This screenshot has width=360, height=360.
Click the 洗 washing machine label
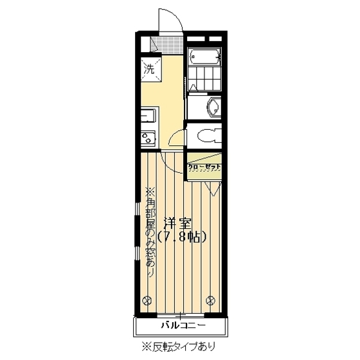(148, 68)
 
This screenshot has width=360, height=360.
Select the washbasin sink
(211, 107)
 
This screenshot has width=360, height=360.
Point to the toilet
(208, 135)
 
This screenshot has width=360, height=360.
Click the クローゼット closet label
(204, 167)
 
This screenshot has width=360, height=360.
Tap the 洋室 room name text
(178, 224)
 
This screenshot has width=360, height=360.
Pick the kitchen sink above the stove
(147, 117)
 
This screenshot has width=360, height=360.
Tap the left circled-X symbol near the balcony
(148, 299)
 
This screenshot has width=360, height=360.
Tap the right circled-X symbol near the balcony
(213, 299)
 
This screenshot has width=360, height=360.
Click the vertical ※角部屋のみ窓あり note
(150, 231)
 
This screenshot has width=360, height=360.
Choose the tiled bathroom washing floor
(205, 80)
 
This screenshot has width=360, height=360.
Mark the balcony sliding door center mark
(181, 315)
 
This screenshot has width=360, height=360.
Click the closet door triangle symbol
(214, 187)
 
